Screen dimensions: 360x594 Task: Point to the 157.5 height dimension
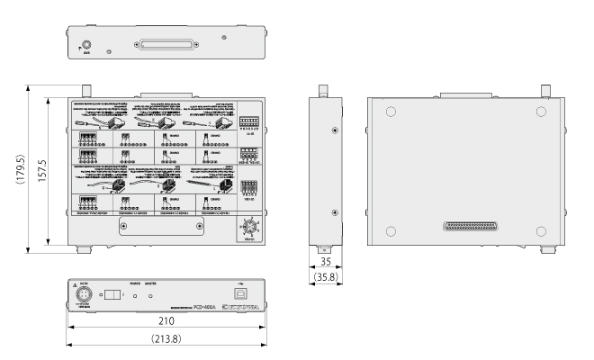pos(55,166)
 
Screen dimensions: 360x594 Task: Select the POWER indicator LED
pos(135,295)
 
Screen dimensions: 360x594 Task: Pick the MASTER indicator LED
pos(150,295)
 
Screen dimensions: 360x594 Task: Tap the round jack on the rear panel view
pos(86,41)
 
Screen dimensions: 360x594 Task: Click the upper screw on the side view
pos(335,130)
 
